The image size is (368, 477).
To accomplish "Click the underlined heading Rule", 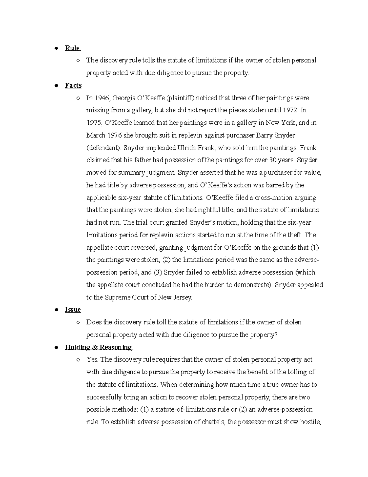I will point(72,48).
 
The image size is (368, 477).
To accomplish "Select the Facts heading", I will point(73,85).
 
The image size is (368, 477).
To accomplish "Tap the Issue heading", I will point(73,310).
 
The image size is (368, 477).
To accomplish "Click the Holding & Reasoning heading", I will point(98,347).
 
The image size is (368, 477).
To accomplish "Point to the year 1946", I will point(102,98).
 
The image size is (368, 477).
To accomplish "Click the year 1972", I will point(290,110).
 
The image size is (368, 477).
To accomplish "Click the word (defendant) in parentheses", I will point(104,148).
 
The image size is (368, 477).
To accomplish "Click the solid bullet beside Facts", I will point(56,86).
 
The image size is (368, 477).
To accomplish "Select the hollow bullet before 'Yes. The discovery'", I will point(79,360).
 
